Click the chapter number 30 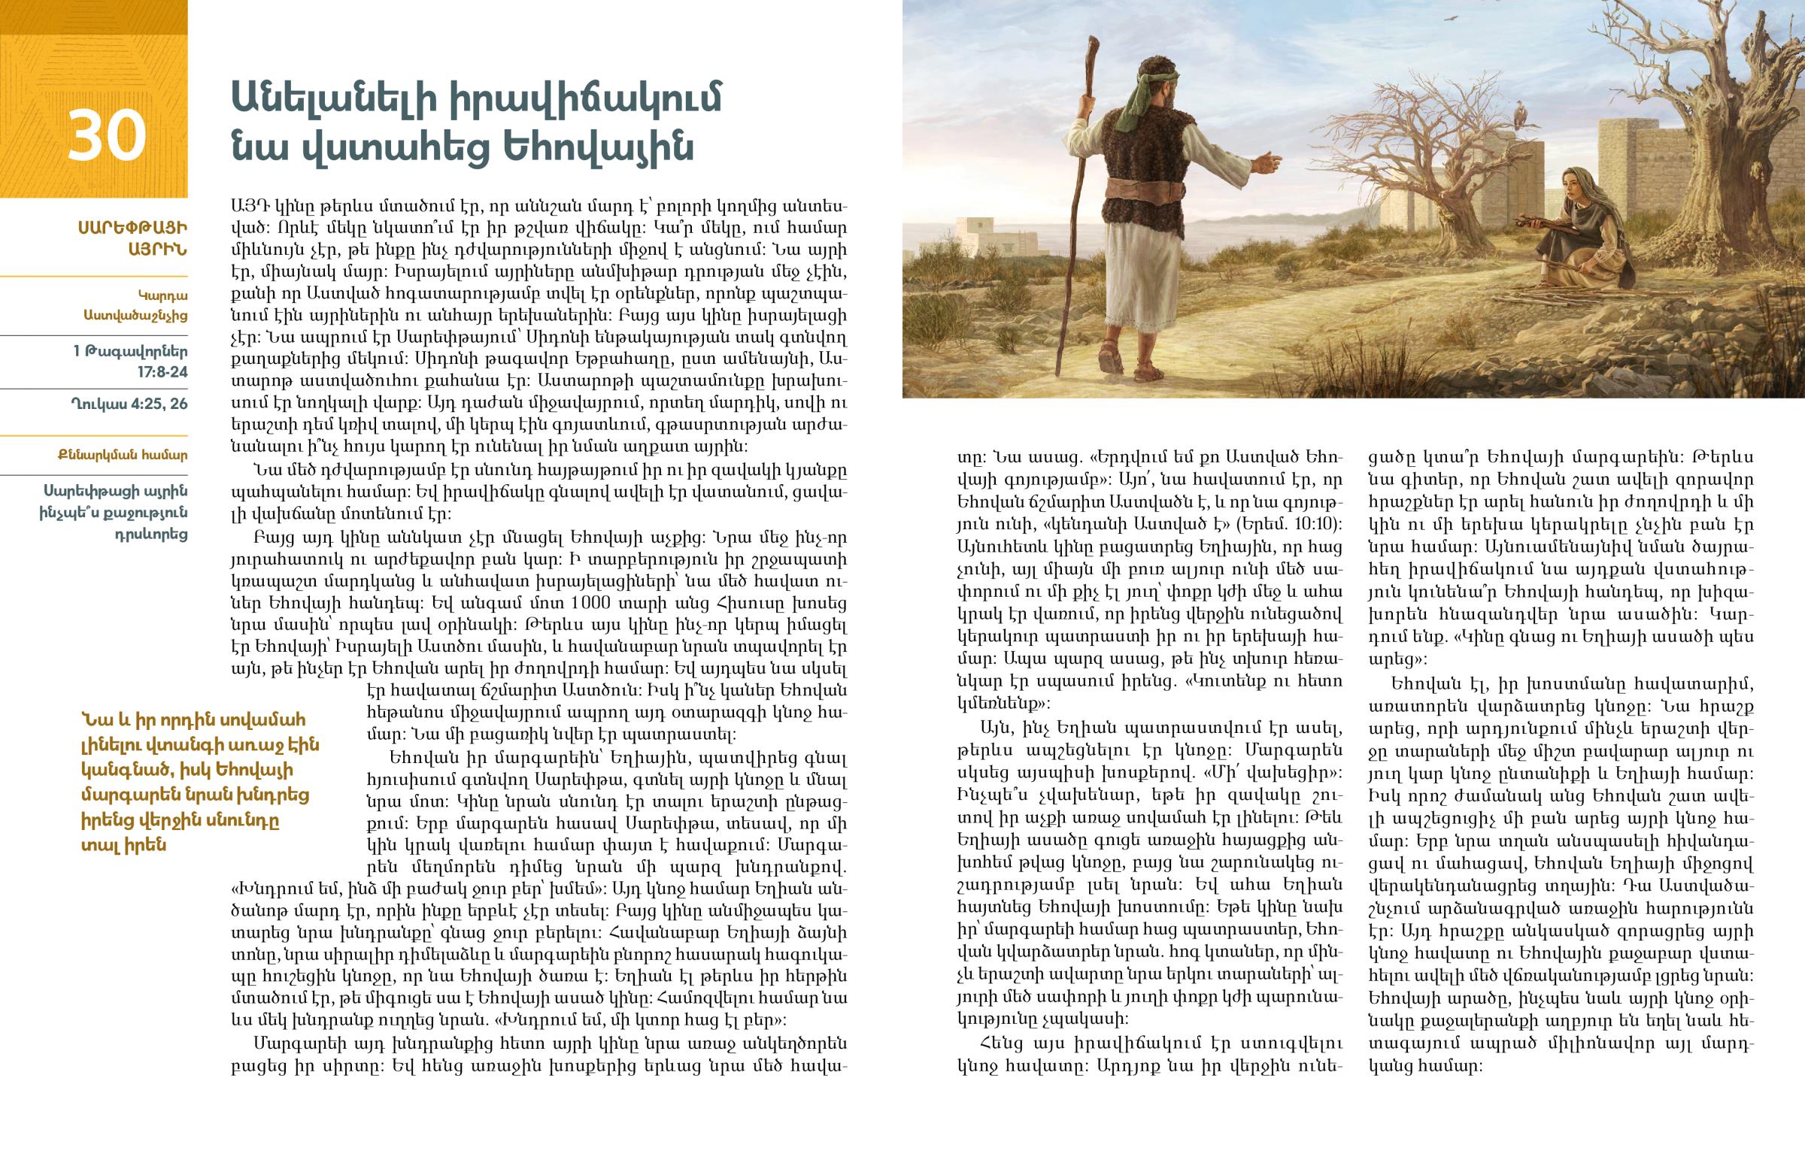106,135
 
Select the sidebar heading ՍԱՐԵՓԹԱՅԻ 132,228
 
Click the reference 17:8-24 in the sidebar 162,372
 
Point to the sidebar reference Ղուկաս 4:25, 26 129,404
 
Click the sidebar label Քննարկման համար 122,455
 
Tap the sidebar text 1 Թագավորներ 130,352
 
